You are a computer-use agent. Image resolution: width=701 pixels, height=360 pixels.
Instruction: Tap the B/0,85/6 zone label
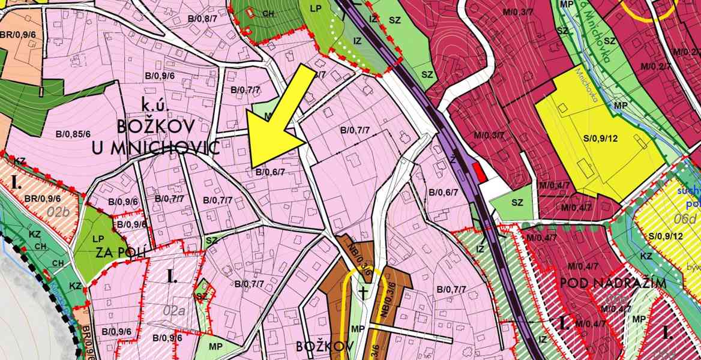[73, 134]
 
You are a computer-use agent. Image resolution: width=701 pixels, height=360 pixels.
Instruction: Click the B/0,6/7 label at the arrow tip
[269, 172]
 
